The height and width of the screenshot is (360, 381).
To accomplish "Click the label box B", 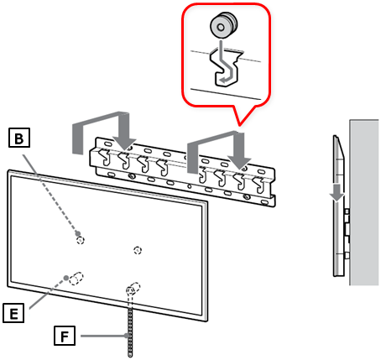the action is [x=19, y=138].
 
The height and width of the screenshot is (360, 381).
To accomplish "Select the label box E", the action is [x=13, y=313].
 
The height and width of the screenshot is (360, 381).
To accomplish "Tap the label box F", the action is [x=65, y=335].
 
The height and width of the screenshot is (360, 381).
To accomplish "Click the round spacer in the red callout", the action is [x=224, y=25].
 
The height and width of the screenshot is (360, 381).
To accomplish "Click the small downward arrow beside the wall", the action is [x=338, y=192].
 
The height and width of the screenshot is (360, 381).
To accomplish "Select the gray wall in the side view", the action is [x=364, y=202].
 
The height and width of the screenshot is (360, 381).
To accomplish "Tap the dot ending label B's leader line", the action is [x=78, y=233].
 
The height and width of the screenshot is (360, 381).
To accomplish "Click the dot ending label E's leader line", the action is [x=66, y=278].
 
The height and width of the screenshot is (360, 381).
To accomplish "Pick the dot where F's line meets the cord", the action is [x=127, y=336].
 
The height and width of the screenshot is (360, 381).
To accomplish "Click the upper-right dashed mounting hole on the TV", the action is [x=138, y=250].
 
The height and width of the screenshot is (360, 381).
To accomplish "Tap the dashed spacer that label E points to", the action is [x=76, y=278].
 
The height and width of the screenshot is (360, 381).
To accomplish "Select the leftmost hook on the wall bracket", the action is [x=105, y=157].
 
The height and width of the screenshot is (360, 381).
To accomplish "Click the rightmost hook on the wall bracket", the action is [x=258, y=185].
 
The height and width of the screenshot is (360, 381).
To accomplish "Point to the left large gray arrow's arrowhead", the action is [x=124, y=144].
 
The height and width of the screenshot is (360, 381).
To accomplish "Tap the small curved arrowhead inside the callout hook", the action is [x=222, y=81].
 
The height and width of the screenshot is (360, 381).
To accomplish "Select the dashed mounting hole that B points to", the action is [x=81, y=240].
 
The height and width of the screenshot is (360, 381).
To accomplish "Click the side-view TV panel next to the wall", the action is [x=338, y=206].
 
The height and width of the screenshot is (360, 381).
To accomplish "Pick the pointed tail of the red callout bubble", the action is [x=239, y=124].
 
